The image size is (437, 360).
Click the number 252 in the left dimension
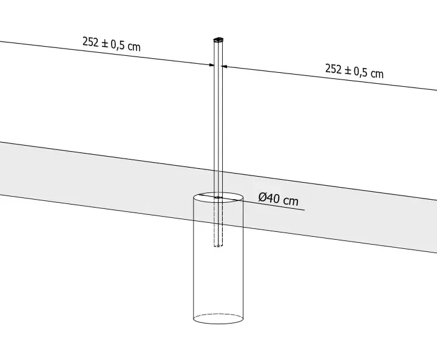pos(90,42)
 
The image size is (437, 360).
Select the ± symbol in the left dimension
pos(104,44)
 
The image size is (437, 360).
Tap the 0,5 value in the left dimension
pos(118,45)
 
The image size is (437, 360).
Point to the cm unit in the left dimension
pos(134,47)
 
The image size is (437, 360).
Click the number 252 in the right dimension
pos(333,69)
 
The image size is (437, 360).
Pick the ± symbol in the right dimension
pos(348,70)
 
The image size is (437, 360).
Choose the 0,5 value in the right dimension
pos(361,72)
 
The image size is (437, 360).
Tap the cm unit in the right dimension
pos(377,74)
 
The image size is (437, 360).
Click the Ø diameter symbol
pos(263,197)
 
